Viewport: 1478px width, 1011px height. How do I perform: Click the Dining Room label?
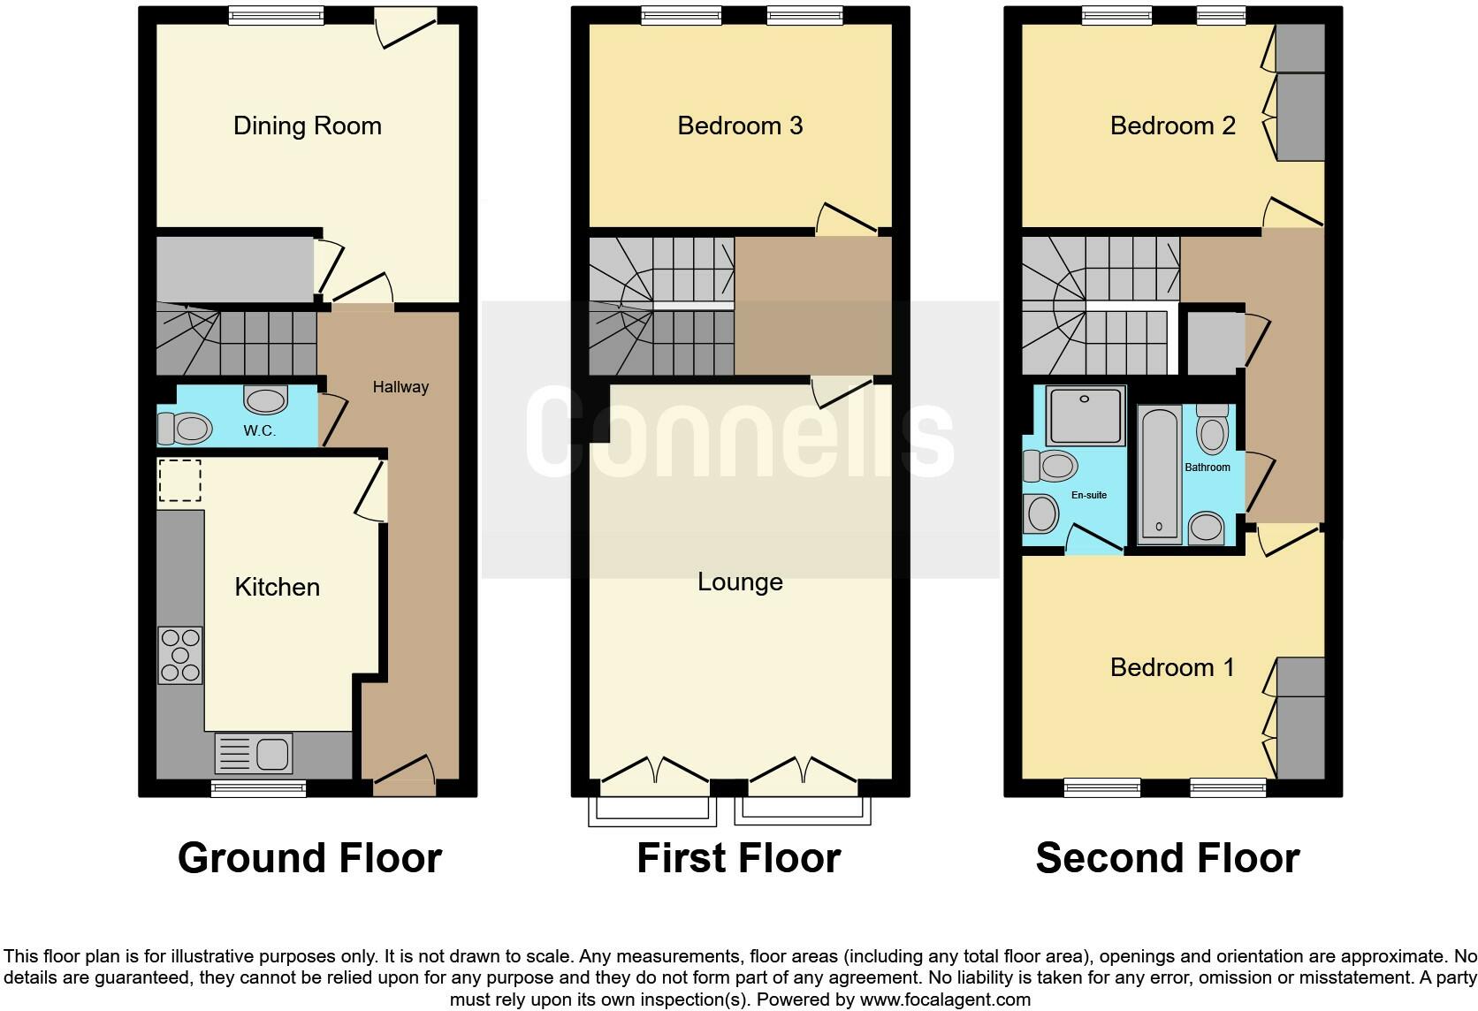307,125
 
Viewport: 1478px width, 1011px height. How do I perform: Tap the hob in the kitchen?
180,655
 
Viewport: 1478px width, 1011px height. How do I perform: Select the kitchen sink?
254,754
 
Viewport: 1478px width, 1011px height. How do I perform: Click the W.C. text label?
260,431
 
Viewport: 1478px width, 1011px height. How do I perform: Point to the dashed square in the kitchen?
179,481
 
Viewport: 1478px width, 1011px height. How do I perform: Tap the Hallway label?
400,387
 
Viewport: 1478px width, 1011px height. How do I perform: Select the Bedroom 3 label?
740,125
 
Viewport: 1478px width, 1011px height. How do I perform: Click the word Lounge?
740,582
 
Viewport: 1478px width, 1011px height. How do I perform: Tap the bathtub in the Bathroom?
1160,474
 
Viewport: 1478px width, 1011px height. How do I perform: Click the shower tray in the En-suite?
1086,414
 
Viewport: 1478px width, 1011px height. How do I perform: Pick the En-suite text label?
1089,495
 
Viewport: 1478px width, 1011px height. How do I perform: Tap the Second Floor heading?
1167,858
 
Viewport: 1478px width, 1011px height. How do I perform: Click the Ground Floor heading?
309,858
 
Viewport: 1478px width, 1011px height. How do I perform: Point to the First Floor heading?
738,858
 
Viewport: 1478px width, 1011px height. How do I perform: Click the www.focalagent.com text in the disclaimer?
945,1000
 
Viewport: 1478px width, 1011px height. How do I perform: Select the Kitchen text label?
277,587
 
